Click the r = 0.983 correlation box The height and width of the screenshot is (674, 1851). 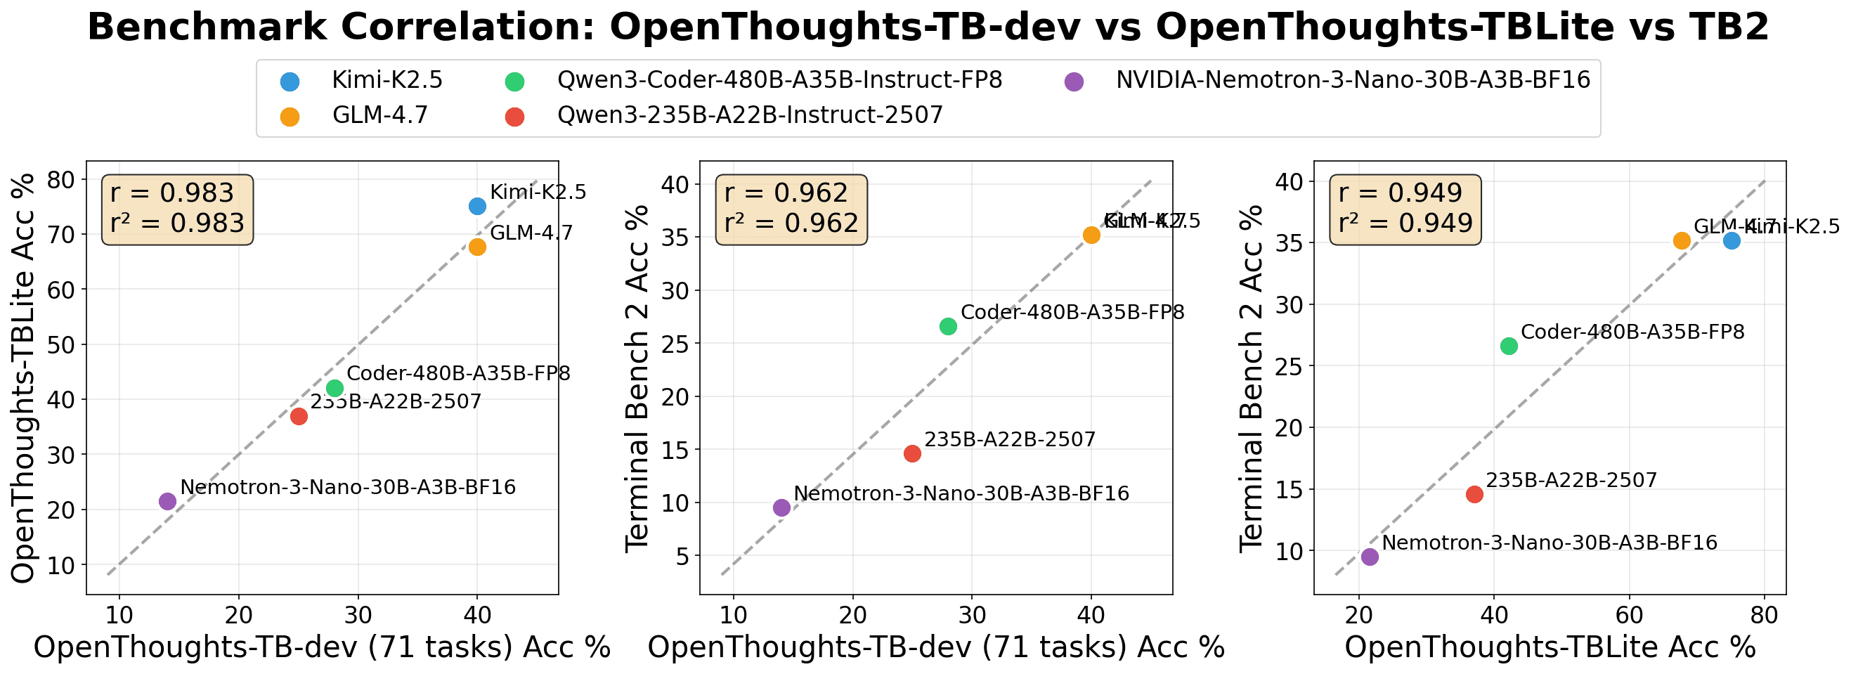pos(177,209)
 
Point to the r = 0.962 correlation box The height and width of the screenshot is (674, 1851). pos(791,209)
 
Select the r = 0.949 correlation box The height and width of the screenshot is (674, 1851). pos(1405,209)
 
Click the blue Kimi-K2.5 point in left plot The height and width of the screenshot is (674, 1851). pos(477,206)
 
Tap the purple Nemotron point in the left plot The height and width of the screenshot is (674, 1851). pos(167,502)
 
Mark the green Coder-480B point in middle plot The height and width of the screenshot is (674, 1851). pos(949,326)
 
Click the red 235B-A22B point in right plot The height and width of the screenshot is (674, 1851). pos(1474,494)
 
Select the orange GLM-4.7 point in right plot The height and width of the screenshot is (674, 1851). pos(1682,240)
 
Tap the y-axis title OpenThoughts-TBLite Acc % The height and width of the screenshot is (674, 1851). pos(25,378)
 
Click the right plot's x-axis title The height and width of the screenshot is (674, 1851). pos(1550,648)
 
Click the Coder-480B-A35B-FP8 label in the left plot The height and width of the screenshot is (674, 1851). pos(458,374)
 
